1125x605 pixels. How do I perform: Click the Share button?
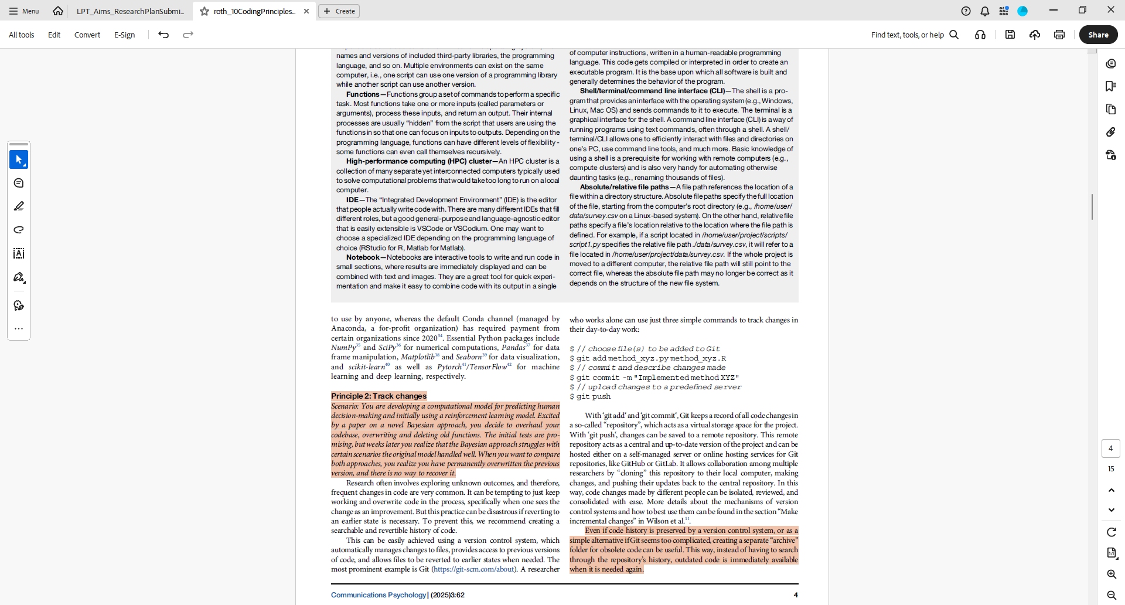tap(1098, 35)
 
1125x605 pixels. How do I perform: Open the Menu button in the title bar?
tap(24, 11)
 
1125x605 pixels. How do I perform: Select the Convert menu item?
tap(87, 35)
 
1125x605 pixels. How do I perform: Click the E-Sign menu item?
tap(124, 35)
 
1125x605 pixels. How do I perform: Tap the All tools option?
tap(22, 35)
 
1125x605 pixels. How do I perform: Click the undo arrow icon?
tap(163, 35)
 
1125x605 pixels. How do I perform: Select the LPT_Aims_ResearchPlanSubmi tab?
tap(130, 11)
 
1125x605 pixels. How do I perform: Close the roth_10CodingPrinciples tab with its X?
tap(306, 11)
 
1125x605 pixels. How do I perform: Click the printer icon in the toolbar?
tap(1059, 35)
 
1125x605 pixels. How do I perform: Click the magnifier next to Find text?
tap(954, 35)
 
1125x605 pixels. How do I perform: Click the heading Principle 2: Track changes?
tap(379, 396)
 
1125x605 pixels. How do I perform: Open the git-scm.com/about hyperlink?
tap(474, 569)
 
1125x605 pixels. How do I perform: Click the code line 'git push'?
tap(593, 397)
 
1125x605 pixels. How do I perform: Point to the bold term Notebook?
tap(363, 257)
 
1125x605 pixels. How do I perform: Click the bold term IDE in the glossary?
tap(352, 200)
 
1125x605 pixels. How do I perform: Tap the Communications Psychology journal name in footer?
tap(379, 595)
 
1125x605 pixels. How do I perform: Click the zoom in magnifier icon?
tap(1111, 575)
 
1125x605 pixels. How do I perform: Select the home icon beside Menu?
tap(58, 11)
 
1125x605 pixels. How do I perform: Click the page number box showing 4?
tap(1110, 448)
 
